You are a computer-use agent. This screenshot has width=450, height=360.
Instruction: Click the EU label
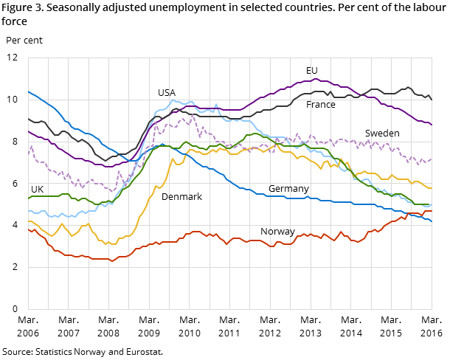tap(312, 71)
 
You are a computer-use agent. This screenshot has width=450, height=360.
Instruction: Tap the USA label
tap(167, 93)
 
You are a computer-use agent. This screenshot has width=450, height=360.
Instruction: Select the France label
tap(321, 105)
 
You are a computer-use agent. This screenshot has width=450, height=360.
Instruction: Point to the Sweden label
tap(382, 134)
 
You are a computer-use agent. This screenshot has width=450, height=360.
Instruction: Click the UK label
tap(37, 190)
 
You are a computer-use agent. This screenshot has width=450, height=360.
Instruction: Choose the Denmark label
tap(181, 197)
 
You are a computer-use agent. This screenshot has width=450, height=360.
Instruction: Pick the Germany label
tap(288, 189)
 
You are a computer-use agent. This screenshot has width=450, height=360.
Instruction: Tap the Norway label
tap(277, 232)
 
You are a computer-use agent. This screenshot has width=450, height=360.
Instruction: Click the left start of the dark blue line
tap(28, 91)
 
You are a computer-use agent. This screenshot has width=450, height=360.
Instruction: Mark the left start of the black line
tap(28, 118)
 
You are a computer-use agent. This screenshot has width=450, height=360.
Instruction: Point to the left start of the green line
tap(28, 198)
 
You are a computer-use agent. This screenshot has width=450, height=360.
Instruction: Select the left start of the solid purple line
tap(28, 131)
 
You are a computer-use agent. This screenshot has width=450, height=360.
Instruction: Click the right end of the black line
tap(432, 100)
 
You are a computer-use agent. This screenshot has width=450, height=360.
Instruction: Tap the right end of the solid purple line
tap(432, 125)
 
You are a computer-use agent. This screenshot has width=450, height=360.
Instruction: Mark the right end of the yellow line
tap(432, 188)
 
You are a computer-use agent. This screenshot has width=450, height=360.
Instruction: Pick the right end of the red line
tap(432, 211)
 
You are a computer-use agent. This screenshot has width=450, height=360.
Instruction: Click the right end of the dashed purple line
tap(432, 159)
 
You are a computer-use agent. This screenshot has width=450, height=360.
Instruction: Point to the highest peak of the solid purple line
tap(315, 79)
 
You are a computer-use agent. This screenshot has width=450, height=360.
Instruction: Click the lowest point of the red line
tap(112, 261)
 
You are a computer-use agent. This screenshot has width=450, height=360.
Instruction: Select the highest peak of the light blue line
tap(173, 100)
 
